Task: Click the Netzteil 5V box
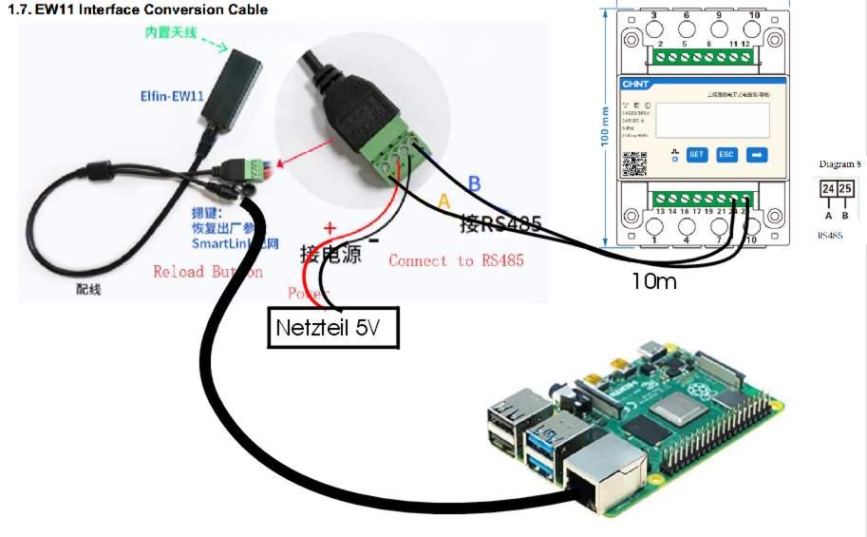332,329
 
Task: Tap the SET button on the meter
696,154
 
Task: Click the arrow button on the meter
758,154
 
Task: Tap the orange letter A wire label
443,201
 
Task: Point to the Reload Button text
208,272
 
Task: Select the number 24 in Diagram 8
828,190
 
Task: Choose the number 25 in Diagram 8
844,190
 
